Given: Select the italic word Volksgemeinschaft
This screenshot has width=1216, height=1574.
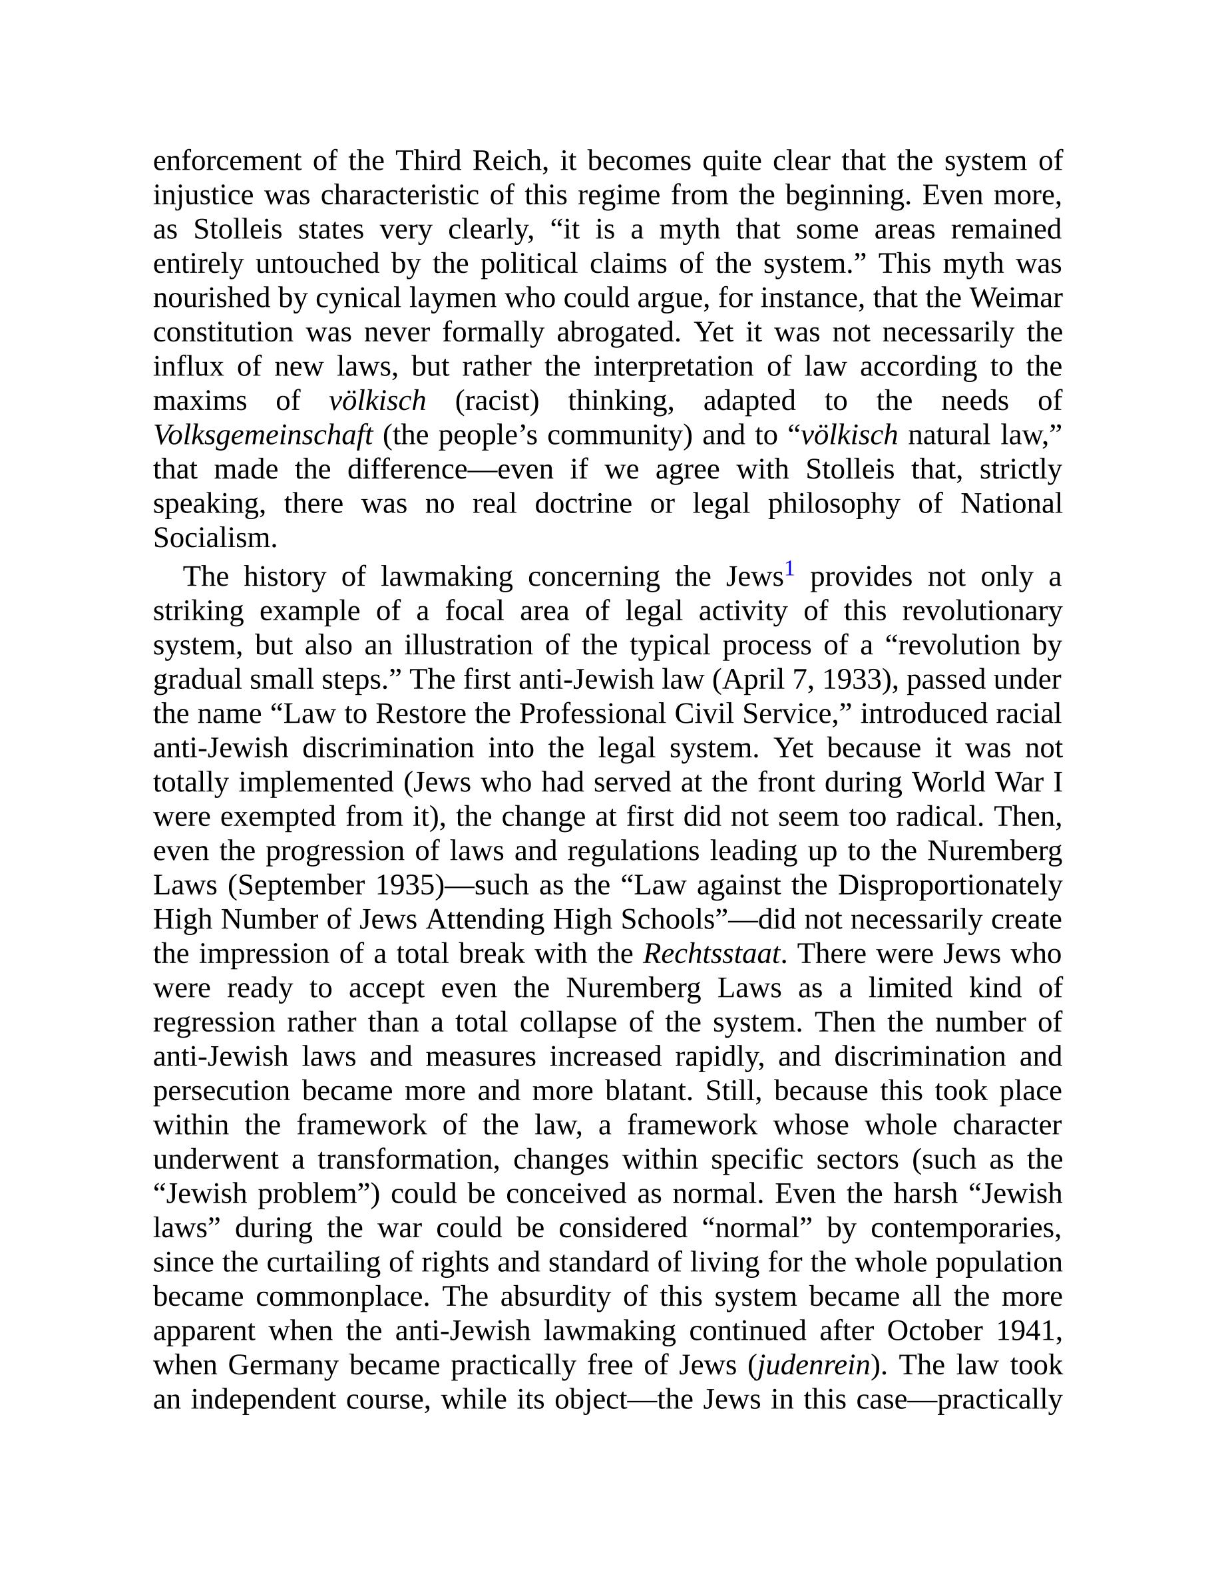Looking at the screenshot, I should coord(263,435).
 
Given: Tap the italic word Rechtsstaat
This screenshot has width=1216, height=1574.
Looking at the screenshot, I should coord(711,954).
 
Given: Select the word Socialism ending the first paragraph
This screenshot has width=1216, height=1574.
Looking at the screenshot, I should coord(215,538).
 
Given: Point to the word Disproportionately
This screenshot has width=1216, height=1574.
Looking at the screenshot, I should coord(949,885).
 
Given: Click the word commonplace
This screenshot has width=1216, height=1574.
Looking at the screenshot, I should coord(342,1296).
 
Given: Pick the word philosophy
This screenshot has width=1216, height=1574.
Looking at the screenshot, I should coord(833,504).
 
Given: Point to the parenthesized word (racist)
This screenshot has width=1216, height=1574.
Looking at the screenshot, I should coord(497,401).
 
